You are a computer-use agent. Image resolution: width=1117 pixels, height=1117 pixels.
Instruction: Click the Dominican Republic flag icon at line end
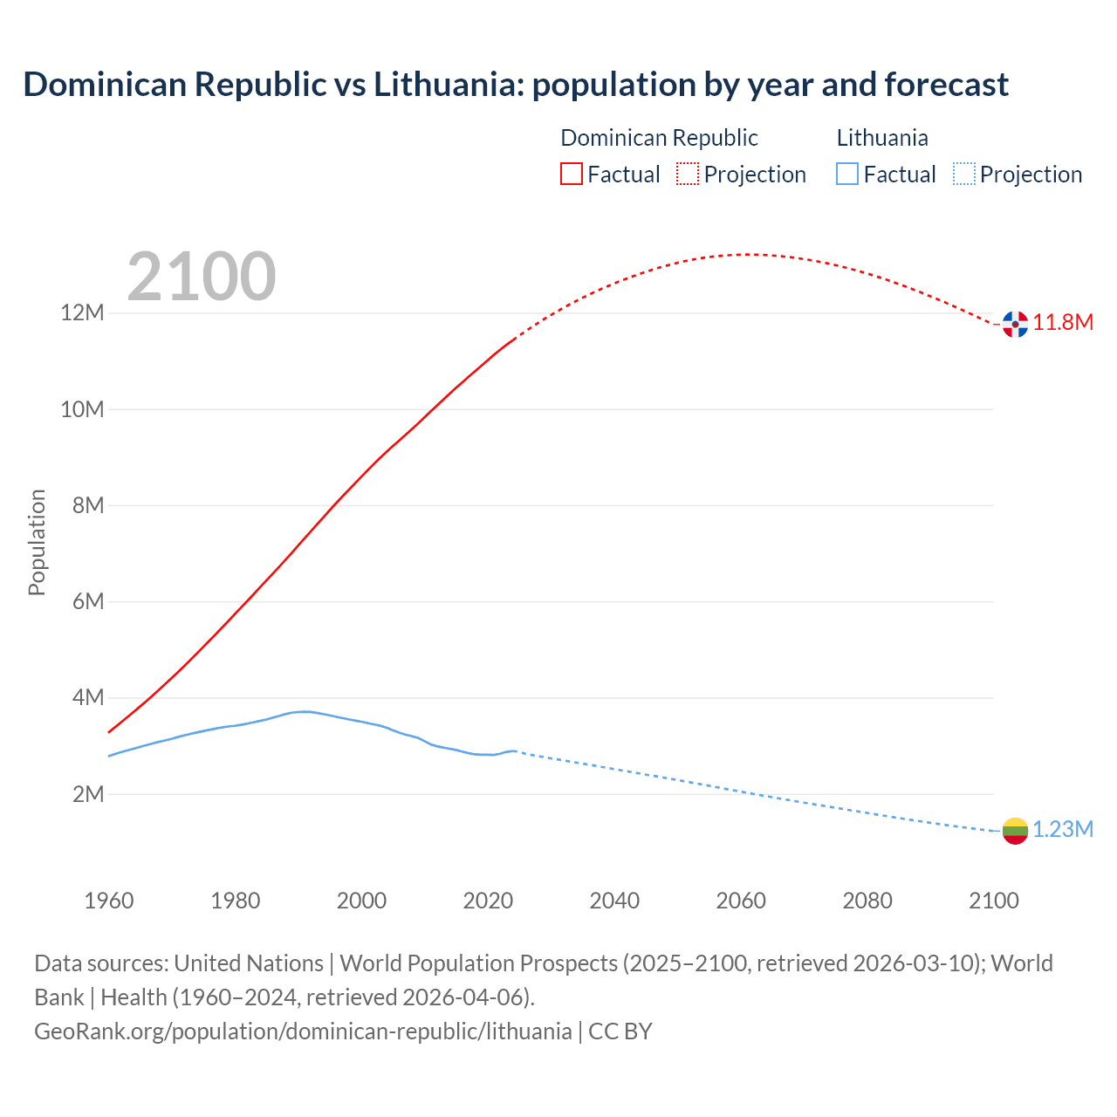(x=1015, y=324)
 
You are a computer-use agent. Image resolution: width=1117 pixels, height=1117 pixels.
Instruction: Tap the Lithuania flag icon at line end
(x=1015, y=831)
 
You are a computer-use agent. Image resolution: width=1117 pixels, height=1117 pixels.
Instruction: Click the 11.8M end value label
(x=1063, y=323)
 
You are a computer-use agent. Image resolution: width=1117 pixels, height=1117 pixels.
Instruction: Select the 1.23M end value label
(x=1063, y=830)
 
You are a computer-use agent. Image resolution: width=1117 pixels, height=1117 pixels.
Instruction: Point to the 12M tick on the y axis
(x=82, y=313)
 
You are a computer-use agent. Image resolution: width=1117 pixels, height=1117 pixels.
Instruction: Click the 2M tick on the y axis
(x=87, y=794)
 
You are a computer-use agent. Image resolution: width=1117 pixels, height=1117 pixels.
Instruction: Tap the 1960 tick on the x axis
(x=109, y=901)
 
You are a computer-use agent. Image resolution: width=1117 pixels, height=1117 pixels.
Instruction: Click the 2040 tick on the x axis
(x=614, y=901)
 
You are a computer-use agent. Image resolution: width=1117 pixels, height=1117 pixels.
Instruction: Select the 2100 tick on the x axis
(x=994, y=901)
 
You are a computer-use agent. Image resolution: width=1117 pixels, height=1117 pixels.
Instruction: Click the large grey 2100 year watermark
(x=202, y=277)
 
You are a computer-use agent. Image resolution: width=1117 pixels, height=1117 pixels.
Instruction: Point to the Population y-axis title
(x=37, y=542)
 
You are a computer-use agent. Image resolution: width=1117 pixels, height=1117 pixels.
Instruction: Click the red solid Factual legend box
(x=572, y=175)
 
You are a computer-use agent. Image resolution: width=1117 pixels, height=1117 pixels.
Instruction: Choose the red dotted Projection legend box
(x=688, y=175)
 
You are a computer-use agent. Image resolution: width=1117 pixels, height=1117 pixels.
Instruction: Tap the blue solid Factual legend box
(x=847, y=175)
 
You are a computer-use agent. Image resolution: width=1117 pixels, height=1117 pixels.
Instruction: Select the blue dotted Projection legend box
(x=963, y=175)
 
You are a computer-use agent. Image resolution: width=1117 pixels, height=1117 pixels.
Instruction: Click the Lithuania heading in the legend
(x=882, y=138)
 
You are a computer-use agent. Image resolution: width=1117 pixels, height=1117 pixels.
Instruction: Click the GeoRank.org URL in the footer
(x=303, y=1031)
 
